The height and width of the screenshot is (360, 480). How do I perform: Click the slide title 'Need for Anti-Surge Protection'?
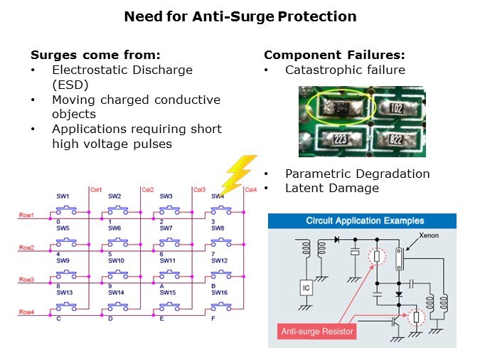(x=240, y=16)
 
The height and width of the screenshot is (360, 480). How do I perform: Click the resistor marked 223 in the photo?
(x=339, y=139)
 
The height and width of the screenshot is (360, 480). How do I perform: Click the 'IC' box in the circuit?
(x=305, y=289)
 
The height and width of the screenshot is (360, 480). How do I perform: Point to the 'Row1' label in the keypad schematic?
(x=26, y=215)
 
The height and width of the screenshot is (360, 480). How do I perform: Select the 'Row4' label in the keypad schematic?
(x=26, y=312)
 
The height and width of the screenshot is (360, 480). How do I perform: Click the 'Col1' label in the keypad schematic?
(x=97, y=190)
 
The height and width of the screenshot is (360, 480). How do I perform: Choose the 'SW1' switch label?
(x=63, y=196)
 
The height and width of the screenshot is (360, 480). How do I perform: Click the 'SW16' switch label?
(x=218, y=293)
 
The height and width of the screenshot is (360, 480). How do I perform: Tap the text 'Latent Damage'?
(x=332, y=188)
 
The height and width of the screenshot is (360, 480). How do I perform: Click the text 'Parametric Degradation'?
(x=357, y=174)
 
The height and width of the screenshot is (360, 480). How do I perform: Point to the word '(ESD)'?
(x=69, y=85)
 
